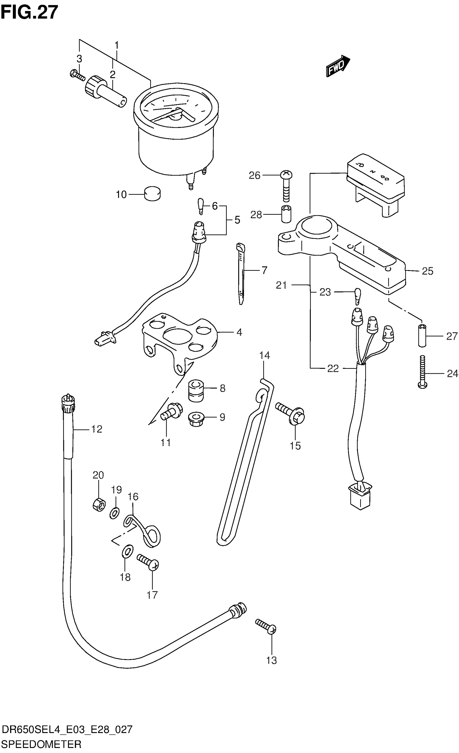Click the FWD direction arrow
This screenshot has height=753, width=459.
[337, 66]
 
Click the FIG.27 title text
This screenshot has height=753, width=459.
[29, 12]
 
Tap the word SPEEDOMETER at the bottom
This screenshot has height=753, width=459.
[41, 744]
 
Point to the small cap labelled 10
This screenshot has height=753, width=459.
[152, 194]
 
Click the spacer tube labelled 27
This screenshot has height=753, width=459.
[422, 336]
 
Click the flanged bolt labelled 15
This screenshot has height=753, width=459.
[291, 413]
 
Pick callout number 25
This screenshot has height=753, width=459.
[427, 271]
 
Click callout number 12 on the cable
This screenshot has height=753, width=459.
[97, 429]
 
